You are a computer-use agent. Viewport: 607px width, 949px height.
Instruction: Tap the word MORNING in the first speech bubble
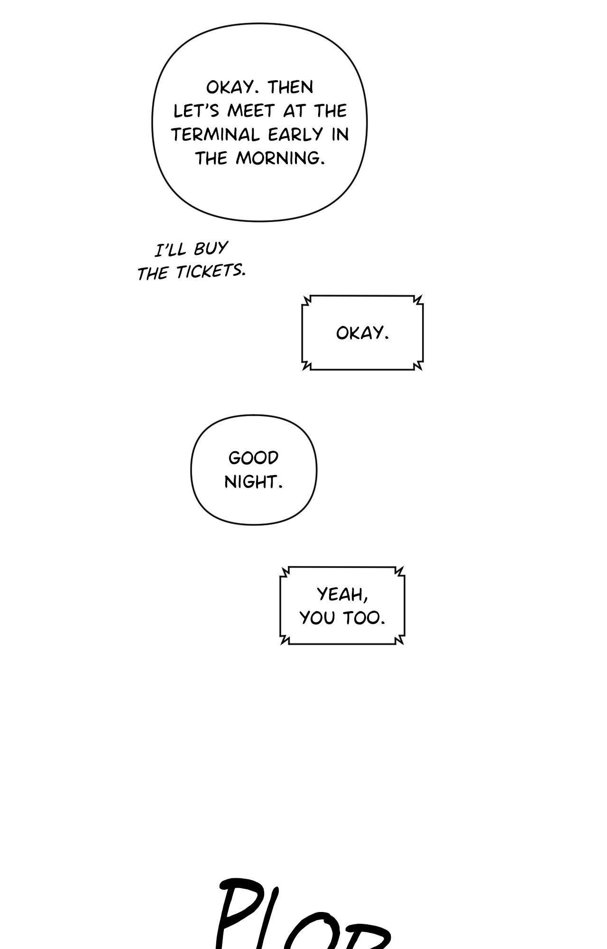(x=280, y=158)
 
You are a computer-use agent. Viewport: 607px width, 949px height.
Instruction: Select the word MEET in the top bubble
(x=251, y=111)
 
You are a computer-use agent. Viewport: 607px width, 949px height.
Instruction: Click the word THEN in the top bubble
(x=291, y=87)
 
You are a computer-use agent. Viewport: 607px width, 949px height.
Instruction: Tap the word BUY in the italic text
(x=211, y=249)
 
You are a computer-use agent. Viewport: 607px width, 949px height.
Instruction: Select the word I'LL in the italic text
(x=171, y=250)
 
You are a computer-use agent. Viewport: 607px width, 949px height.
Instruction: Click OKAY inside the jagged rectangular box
(x=362, y=333)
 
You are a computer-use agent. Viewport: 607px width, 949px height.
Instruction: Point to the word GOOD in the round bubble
(x=253, y=458)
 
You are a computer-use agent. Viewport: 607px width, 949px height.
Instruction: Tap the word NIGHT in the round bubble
(x=253, y=482)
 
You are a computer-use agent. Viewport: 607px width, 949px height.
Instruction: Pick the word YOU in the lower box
(x=317, y=618)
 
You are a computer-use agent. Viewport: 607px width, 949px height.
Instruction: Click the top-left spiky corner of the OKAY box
(x=307, y=300)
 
